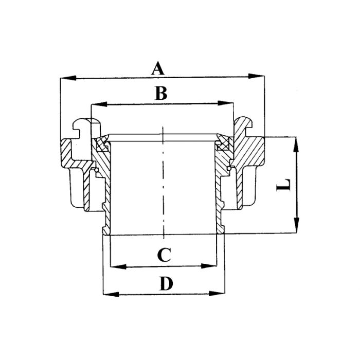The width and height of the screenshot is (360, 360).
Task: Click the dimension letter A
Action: [x=158, y=68]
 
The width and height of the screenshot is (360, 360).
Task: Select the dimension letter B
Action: [x=161, y=94]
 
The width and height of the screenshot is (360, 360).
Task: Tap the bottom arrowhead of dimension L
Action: [x=296, y=226]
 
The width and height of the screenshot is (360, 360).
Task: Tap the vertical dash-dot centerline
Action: [x=163, y=185]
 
